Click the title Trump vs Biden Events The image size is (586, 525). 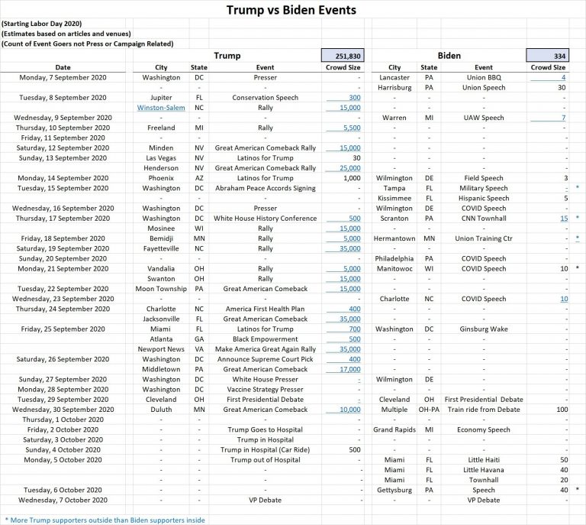291,11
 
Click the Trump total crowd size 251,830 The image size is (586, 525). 343,56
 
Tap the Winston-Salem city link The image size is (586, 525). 160,108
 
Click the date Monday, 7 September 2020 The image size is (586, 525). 63,77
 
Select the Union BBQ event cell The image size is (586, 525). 483,77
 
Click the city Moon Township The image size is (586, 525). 160,289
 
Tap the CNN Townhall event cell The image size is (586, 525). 483,219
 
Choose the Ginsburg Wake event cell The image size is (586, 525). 483,329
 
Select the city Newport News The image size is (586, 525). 160,349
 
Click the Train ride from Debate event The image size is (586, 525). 483,410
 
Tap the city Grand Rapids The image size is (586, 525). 394,429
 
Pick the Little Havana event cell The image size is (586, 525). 483,470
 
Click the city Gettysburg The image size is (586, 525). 394,490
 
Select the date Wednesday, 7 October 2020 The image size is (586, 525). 63,500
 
